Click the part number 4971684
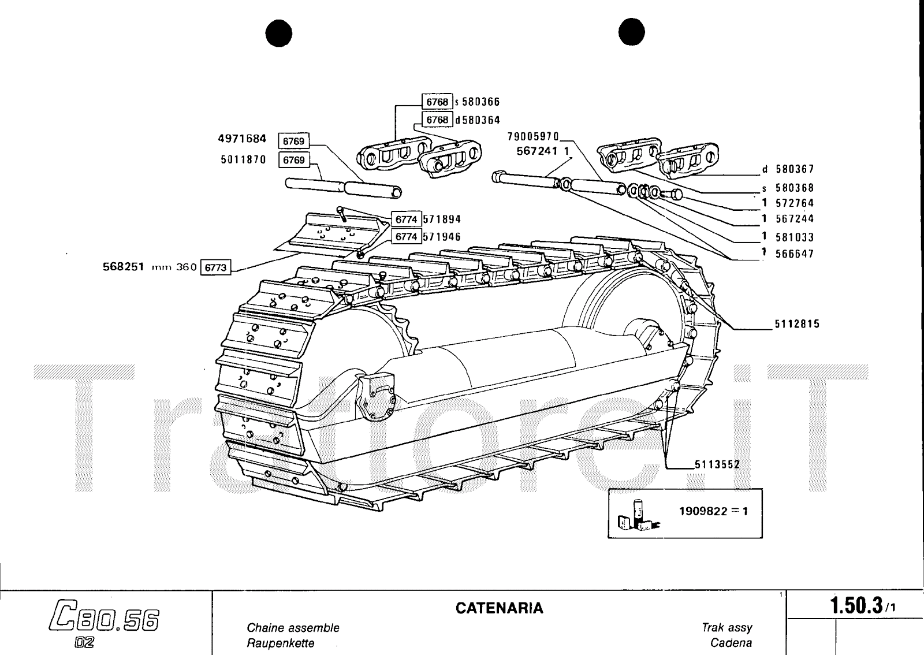click(242, 139)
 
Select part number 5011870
click(243, 159)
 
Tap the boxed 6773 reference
click(215, 267)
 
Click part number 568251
click(123, 267)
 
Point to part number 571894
click(442, 219)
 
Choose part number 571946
click(442, 237)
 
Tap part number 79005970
click(533, 137)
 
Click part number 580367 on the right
click(795, 169)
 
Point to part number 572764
click(795, 203)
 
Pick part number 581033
click(795, 237)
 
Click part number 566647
click(795, 254)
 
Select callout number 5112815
click(797, 325)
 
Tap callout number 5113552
click(717, 464)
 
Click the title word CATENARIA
click(500, 608)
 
